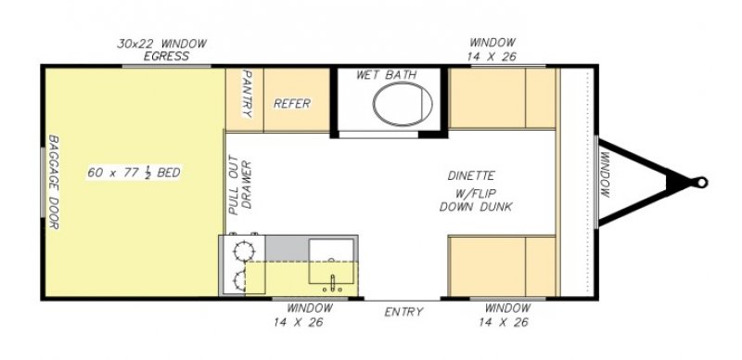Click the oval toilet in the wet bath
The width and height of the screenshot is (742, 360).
[403, 103]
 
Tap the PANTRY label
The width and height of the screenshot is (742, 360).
[247, 94]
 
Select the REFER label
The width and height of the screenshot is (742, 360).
[292, 103]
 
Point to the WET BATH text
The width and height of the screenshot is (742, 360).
[386, 75]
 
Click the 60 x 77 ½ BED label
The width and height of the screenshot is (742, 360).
[134, 173]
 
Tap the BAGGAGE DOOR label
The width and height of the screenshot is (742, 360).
[54, 182]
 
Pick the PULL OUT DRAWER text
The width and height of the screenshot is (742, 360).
[240, 185]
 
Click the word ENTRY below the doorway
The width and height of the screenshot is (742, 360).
[403, 312]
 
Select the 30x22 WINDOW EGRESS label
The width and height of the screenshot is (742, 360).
[161, 50]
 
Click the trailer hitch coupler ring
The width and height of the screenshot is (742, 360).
[701, 183]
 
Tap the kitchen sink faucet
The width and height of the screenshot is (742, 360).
[333, 283]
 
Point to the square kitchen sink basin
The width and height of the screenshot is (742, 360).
[331, 261]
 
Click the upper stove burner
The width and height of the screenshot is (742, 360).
[244, 251]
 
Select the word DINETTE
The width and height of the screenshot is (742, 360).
[471, 175]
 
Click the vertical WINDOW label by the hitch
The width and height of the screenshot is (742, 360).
[606, 174]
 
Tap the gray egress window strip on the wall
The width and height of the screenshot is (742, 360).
[167, 66]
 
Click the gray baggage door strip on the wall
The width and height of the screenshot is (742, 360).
[43, 183]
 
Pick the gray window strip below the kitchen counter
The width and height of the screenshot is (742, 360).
[310, 299]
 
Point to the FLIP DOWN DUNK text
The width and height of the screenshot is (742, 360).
[476, 199]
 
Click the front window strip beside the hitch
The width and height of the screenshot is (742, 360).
[596, 183]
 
